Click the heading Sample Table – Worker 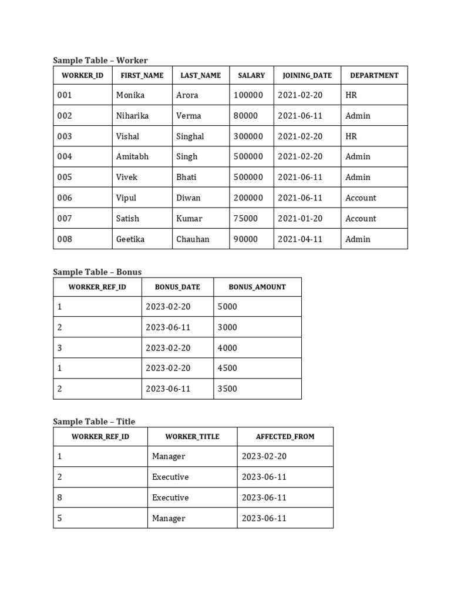[100, 60]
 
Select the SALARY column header [251, 75]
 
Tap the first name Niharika [132, 116]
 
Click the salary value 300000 [248, 136]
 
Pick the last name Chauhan [193, 239]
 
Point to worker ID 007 [65, 219]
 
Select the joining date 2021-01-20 [300, 219]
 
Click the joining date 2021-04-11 [300, 239]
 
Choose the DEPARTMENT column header [374, 75]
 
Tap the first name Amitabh [132, 157]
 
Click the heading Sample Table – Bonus [97, 272]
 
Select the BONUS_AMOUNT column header [257, 287]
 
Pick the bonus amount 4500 [227, 369]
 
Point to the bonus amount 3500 [227, 389]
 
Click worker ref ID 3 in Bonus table [59, 348]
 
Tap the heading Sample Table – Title [94, 421]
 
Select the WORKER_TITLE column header [192, 437]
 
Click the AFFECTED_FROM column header [285, 437]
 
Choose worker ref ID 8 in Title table [59, 498]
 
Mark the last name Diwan [188, 198]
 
